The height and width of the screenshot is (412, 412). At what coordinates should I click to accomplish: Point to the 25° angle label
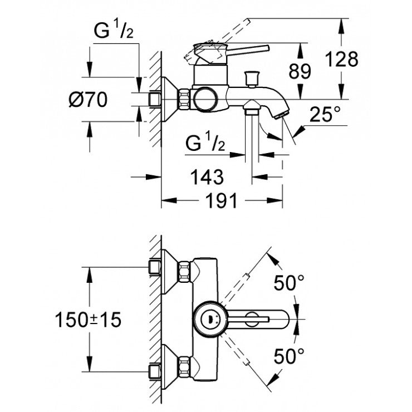[x=325, y=115]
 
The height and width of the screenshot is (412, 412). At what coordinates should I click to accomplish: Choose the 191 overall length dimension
[x=222, y=201]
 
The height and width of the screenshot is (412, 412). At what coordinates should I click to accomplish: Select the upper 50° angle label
[x=289, y=284]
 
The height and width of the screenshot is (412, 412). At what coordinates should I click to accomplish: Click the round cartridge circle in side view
[x=205, y=99]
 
